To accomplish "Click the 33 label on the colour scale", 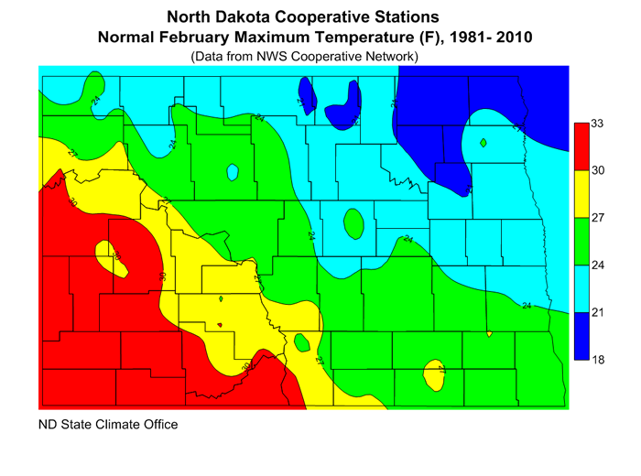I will (x=597, y=123).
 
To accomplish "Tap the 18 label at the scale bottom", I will (x=597, y=360).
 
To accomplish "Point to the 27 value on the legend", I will (x=597, y=218).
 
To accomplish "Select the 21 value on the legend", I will (x=597, y=312).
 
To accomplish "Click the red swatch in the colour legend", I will (x=581, y=146).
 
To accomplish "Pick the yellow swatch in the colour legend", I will (x=581, y=193).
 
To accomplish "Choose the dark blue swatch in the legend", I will (x=581, y=336).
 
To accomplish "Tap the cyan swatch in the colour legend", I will (x=581, y=288).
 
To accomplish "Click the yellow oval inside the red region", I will (x=113, y=255).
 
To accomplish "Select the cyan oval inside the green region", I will (x=233, y=172).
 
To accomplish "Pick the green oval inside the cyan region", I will (x=353, y=222).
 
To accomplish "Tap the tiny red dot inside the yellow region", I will (x=220, y=323).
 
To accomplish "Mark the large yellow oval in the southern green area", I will (x=434, y=374).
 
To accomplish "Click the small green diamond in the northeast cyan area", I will (x=483, y=142).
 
